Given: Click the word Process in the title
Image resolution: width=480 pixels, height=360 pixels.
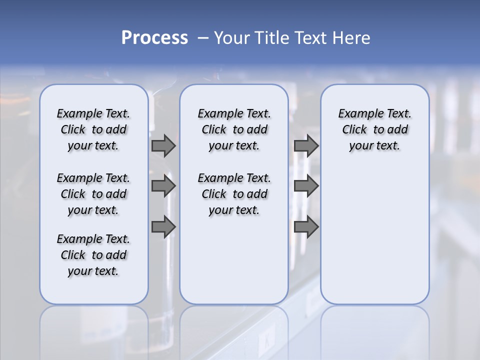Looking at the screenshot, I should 154,38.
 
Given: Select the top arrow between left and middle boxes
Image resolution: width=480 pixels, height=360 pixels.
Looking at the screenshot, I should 163,145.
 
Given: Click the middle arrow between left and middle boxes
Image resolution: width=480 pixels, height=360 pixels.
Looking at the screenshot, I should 163,186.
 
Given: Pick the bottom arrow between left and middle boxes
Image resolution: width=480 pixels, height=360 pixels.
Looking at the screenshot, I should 163,227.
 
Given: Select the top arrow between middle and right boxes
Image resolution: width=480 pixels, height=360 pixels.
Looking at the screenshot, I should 306,145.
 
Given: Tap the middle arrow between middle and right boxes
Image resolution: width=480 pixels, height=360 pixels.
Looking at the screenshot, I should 306,186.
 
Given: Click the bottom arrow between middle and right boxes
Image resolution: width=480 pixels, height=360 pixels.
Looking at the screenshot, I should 306,227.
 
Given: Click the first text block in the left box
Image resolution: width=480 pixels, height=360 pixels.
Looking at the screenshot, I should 93,129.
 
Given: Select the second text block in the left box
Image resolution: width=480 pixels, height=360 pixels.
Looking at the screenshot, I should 93,194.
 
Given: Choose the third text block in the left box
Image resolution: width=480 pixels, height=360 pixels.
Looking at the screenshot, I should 93,255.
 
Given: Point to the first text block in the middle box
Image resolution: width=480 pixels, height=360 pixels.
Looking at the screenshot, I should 234,129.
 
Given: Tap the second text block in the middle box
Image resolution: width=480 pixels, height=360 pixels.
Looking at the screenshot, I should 234,194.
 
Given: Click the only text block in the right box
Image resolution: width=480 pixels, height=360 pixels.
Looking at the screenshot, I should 374,129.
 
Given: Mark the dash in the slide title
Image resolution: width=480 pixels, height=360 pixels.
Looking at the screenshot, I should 203,38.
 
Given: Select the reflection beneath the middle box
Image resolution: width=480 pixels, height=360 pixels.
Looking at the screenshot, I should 234,330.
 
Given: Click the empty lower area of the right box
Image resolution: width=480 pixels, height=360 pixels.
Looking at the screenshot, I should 374,240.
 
